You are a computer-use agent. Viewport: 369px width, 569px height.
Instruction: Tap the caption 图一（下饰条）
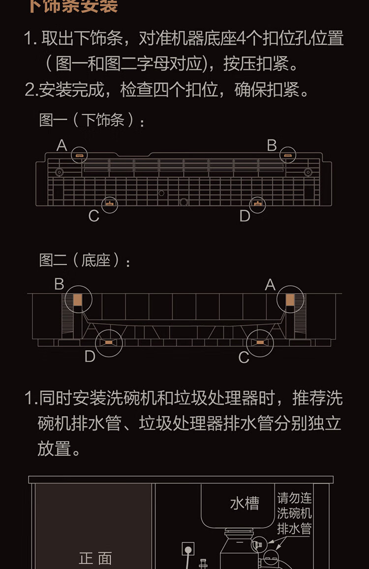[92, 120]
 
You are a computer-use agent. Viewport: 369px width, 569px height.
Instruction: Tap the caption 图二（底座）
[85, 260]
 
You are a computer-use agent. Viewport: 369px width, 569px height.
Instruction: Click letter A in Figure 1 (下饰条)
[61, 145]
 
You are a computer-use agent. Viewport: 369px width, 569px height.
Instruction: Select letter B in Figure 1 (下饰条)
[272, 145]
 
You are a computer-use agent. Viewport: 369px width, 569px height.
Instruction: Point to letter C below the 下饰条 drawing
[94, 216]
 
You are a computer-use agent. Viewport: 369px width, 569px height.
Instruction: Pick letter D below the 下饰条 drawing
[245, 216]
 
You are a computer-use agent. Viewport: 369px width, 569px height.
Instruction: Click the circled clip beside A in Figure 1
[79, 156]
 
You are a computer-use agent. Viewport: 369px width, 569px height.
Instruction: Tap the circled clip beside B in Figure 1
[288, 156]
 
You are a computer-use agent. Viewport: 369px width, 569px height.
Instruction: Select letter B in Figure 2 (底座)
[60, 284]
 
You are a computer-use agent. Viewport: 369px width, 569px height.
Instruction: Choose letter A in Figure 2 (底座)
[270, 284]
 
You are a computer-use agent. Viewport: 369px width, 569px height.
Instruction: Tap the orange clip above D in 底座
[107, 342]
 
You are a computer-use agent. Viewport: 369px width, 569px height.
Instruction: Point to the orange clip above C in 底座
[259, 342]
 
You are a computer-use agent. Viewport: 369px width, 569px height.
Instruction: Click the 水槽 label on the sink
[245, 503]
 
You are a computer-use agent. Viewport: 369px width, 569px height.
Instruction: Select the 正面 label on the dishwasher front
[95, 558]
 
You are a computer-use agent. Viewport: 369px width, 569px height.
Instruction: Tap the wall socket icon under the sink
[188, 549]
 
